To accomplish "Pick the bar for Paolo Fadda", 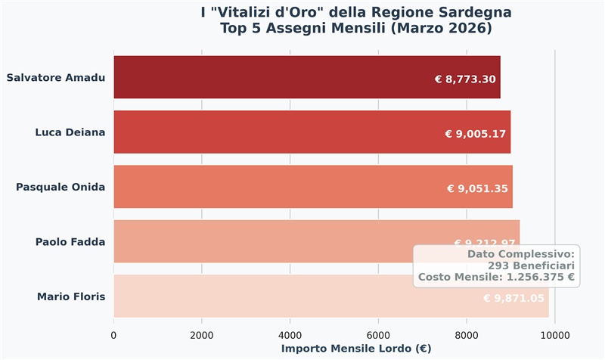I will click(x=265, y=242).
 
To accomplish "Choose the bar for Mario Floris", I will click(x=265, y=296).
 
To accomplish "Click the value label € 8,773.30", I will click(x=465, y=79).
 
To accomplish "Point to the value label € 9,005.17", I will click(x=476, y=134).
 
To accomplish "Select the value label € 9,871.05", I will click(x=513, y=299).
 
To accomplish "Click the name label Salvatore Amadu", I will click(x=55, y=77).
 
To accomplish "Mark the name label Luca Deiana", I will click(x=70, y=132).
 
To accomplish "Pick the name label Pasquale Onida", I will click(x=60, y=187).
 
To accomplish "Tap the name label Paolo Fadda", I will click(x=70, y=242).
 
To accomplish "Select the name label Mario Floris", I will click(x=70, y=296).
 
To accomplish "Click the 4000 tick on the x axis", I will click(x=290, y=334).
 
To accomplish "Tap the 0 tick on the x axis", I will click(x=113, y=334).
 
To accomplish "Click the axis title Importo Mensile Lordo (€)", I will click(x=355, y=349).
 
